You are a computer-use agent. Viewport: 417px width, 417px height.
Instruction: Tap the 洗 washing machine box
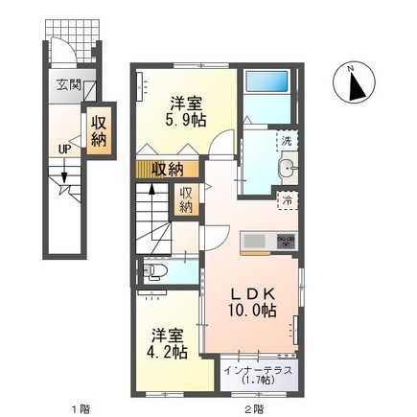point(286,141)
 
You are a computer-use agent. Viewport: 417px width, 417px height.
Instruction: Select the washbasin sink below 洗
point(285,171)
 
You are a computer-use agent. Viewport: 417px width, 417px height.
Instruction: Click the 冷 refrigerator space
point(286,200)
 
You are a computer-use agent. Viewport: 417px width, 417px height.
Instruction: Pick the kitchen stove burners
point(287,241)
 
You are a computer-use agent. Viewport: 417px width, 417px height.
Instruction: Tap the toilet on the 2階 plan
point(159,272)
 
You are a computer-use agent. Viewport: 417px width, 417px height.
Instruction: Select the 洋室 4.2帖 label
point(168,342)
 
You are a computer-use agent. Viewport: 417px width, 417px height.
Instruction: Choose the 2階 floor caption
point(253,409)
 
